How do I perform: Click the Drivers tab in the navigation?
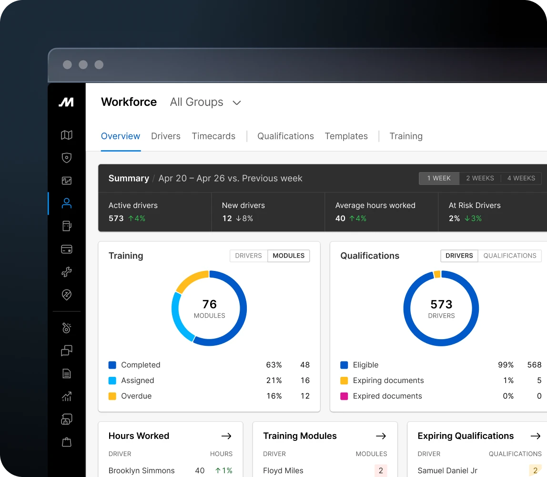(x=165, y=136)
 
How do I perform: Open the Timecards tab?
(x=213, y=136)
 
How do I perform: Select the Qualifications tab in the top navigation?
(x=285, y=136)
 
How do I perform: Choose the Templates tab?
(x=346, y=136)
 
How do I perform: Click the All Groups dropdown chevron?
(x=236, y=103)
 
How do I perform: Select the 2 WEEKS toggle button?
(x=480, y=178)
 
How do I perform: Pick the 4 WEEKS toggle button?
(x=521, y=178)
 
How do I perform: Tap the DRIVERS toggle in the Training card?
(x=248, y=256)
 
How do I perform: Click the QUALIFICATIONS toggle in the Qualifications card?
(x=510, y=256)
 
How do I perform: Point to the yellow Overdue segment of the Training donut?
(x=190, y=281)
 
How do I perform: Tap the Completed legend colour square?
(x=112, y=365)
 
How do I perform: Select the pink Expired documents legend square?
(x=344, y=396)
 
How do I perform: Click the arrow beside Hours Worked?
(x=226, y=436)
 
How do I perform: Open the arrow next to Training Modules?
(x=381, y=436)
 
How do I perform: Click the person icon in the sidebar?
(x=67, y=204)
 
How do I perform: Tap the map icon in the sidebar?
(x=67, y=135)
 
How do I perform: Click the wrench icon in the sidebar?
(x=67, y=272)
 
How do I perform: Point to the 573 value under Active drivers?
(x=116, y=218)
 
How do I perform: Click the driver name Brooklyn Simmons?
(x=142, y=470)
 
